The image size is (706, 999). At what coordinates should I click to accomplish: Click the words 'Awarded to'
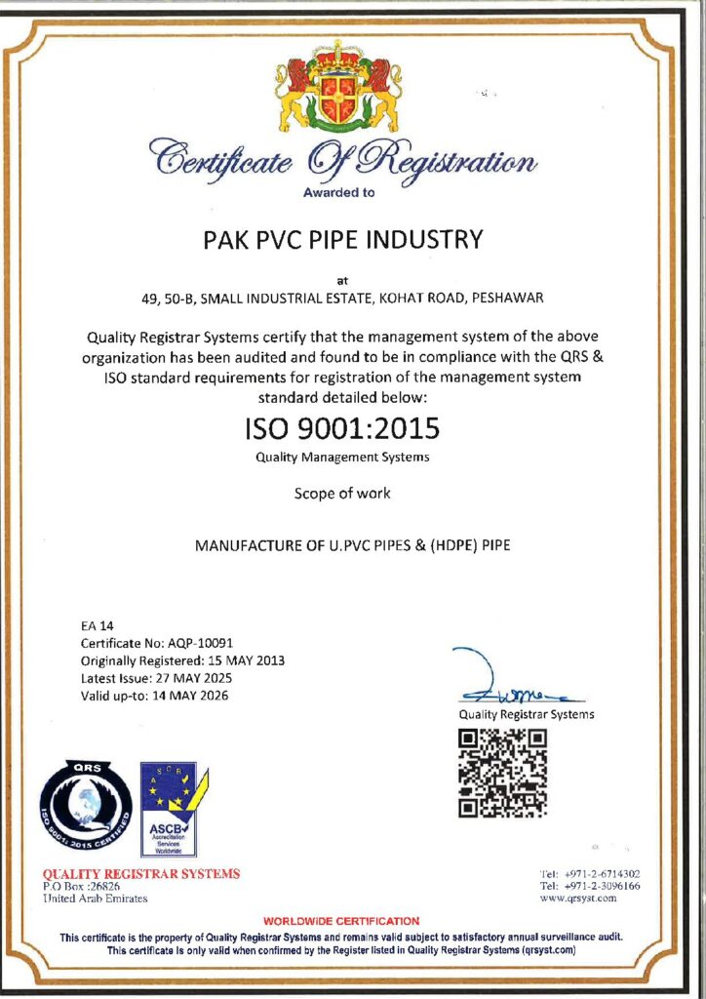tap(338, 192)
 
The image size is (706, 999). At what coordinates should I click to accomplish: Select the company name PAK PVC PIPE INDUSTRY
tap(353, 239)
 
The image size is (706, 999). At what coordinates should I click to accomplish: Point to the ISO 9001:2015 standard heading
tap(341, 428)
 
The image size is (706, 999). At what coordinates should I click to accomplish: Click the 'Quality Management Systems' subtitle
tap(342, 457)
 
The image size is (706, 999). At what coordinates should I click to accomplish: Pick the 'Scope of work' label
tap(342, 494)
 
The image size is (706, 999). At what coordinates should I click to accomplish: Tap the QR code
tap(502, 773)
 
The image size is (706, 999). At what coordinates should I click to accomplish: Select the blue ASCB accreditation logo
tap(168, 809)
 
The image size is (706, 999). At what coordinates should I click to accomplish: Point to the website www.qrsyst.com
tap(577, 899)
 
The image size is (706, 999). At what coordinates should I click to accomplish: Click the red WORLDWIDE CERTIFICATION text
tap(341, 921)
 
